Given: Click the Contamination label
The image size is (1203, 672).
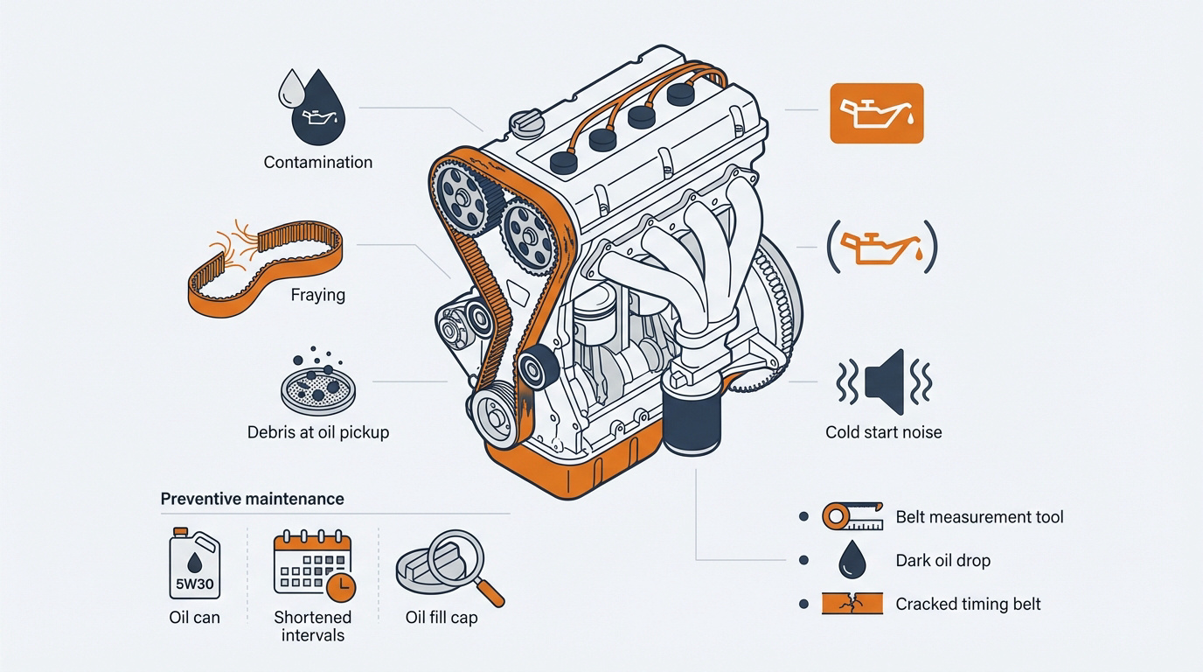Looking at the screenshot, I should (317, 162).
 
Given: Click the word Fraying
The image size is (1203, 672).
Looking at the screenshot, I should (317, 295).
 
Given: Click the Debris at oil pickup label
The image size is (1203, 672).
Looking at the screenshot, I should (317, 432).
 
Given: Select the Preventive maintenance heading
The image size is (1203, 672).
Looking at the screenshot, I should (252, 499).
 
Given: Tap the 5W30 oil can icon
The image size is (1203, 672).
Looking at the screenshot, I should (194, 566).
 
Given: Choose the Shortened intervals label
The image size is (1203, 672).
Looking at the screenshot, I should (312, 626).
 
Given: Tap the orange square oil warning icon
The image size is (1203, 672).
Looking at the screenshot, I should (875, 113).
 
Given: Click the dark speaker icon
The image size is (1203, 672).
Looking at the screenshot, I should (884, 382).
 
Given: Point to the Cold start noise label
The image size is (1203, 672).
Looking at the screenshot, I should (883, 432).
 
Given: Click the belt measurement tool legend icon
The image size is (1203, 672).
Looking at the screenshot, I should (852, 517).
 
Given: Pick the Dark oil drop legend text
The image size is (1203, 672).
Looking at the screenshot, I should (942, 560).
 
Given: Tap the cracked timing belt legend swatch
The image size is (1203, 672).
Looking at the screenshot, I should (852, 604).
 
